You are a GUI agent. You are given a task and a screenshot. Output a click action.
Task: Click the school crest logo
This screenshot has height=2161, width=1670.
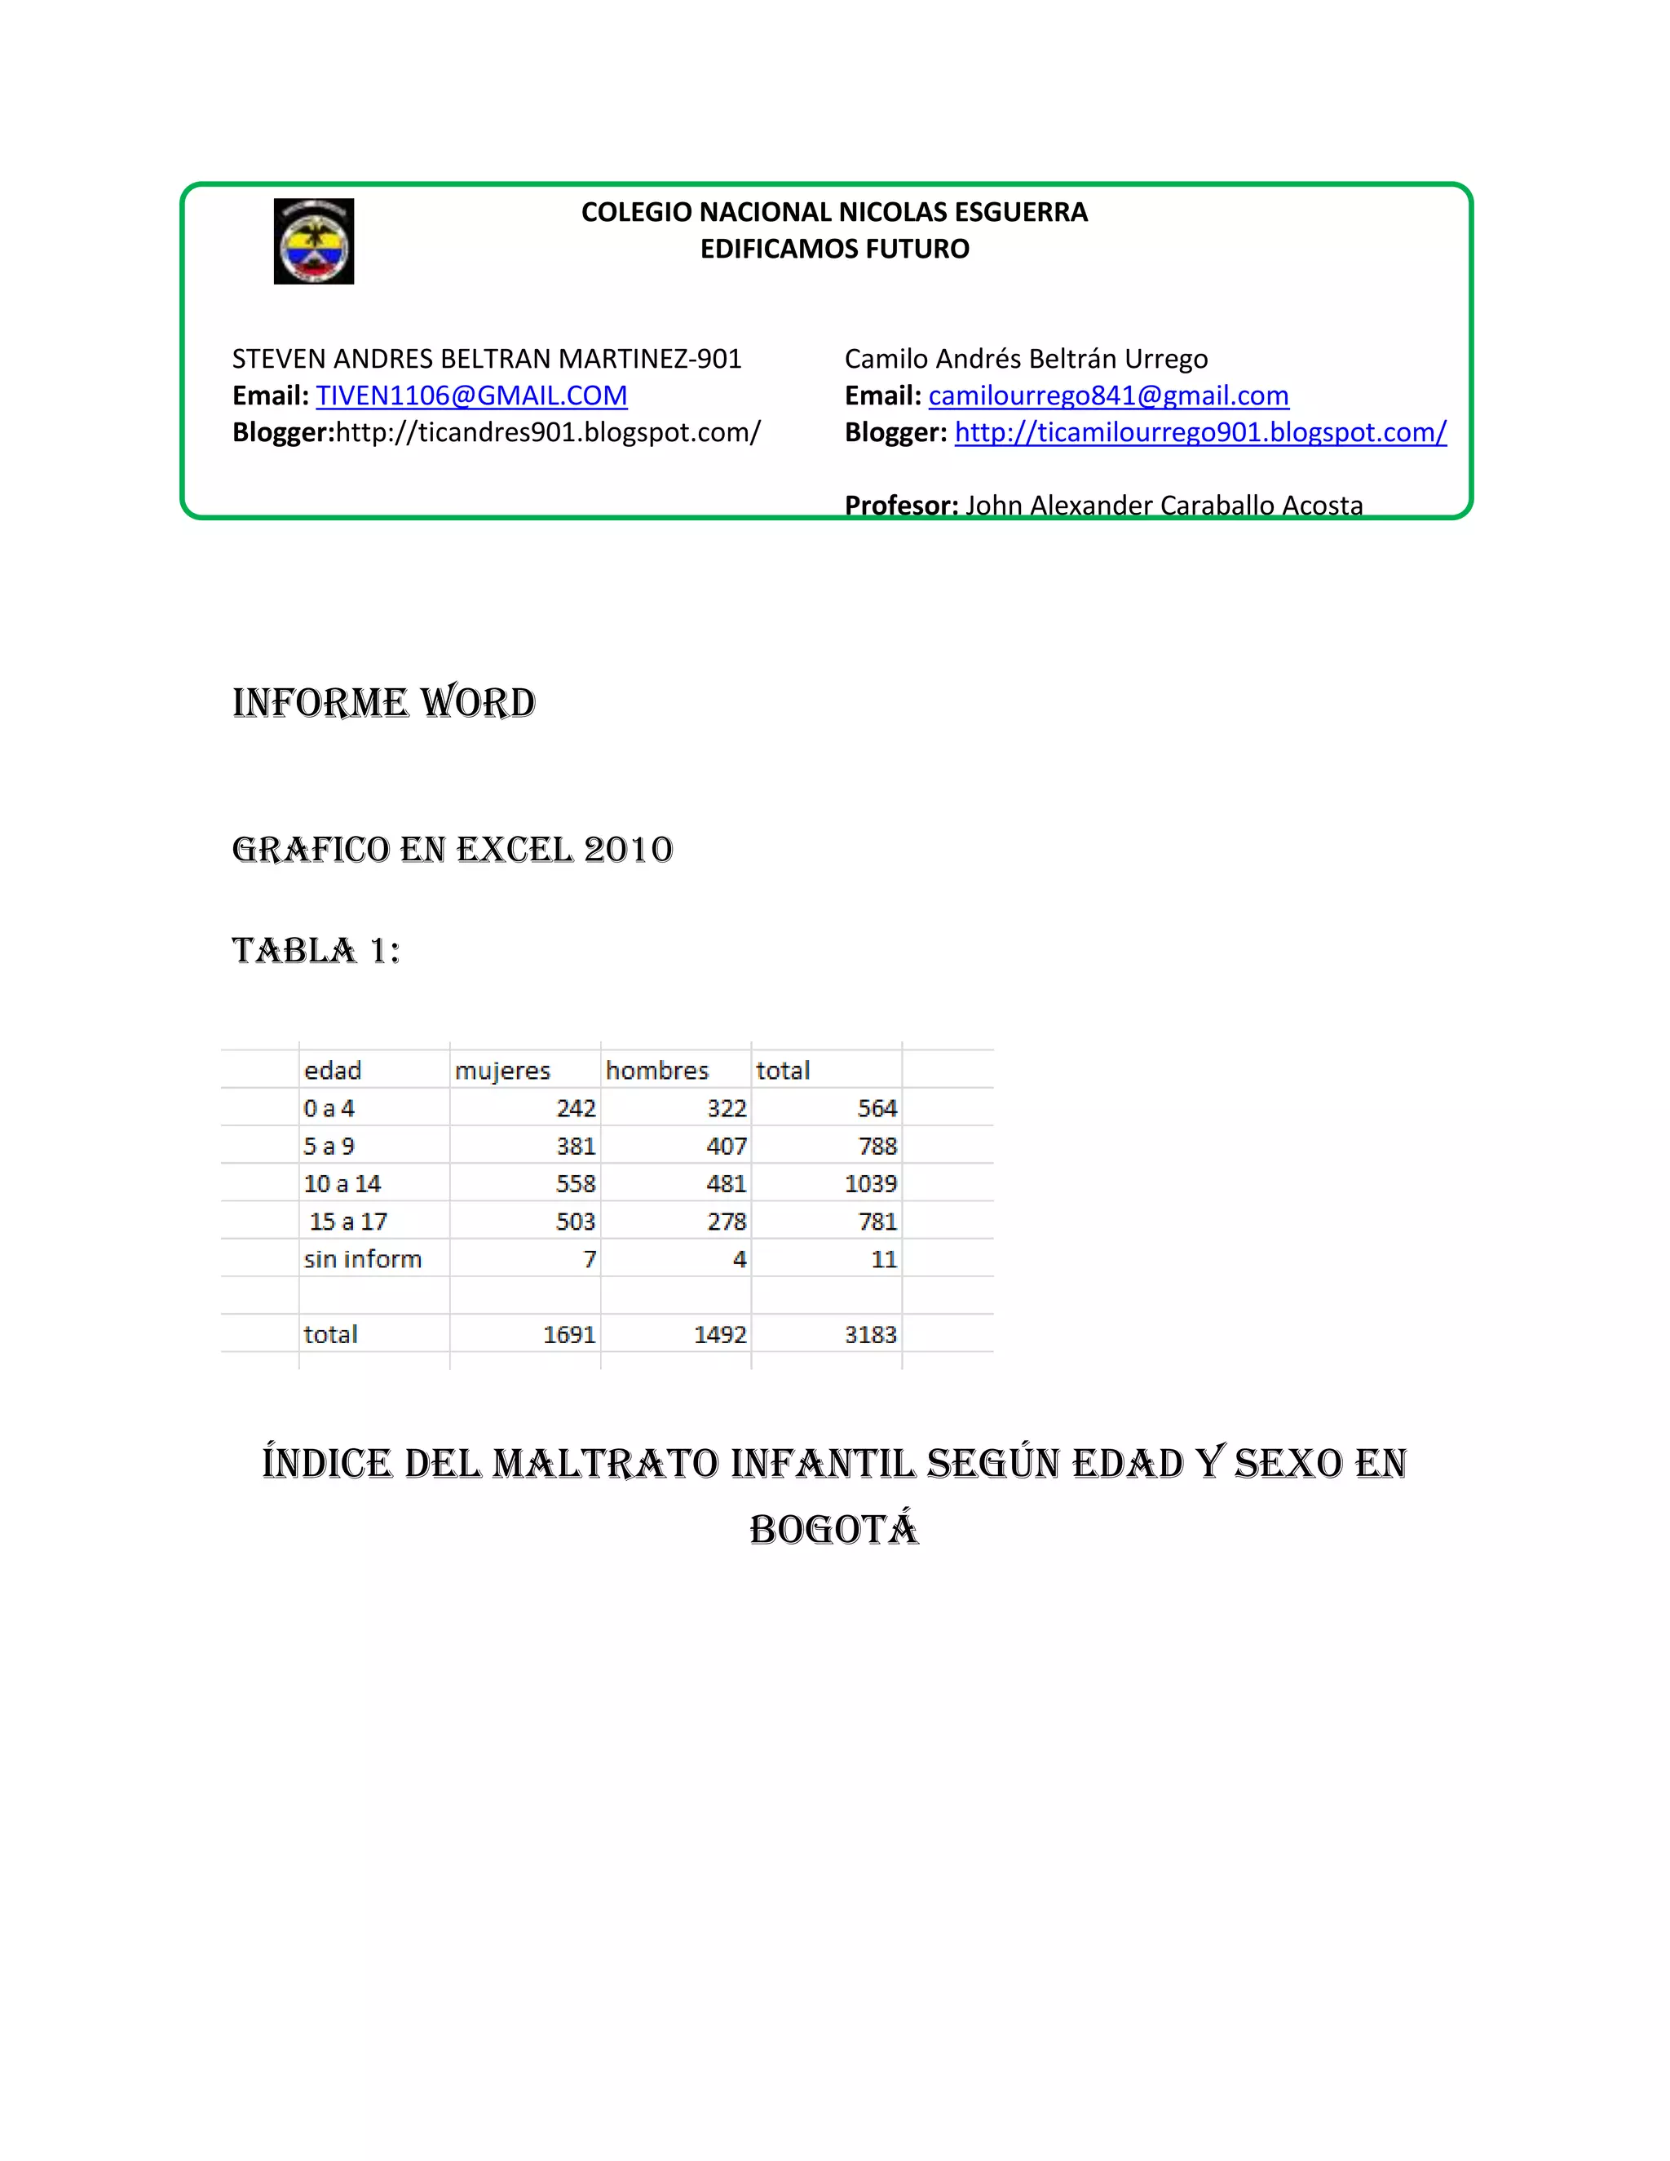[314, 241]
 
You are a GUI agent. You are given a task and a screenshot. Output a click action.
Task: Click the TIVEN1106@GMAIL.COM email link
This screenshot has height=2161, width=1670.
[471, 396]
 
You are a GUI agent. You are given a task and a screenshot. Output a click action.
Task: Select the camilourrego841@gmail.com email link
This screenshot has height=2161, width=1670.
[1108, 396]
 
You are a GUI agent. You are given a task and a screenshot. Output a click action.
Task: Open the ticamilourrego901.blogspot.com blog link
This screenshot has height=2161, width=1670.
[1200, 432]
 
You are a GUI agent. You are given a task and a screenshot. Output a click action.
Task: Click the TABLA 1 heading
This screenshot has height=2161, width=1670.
[316, 951]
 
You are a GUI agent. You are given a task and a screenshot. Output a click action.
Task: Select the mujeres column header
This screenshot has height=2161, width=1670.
[502, 1071]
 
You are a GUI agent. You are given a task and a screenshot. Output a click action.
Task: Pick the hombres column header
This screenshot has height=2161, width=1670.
[657, 1071]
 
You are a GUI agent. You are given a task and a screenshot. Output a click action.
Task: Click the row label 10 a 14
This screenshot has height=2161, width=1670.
[342, 1183]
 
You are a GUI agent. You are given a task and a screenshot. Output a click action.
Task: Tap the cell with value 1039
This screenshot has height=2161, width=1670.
[871, 1183]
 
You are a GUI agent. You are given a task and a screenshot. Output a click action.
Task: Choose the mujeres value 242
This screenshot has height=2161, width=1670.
[576, 1108]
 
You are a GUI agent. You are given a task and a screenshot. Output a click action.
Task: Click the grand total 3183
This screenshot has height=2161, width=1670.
[871, 1335]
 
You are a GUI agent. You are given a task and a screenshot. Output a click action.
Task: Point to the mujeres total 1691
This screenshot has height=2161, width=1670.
[570, 1335]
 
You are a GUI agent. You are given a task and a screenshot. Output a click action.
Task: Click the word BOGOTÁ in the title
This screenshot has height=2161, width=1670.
[834, 1529]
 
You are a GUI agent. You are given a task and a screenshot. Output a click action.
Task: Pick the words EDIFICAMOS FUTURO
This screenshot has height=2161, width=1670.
[835, 249]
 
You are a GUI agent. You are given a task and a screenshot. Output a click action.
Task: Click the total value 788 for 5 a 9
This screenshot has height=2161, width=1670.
[877, 1146]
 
